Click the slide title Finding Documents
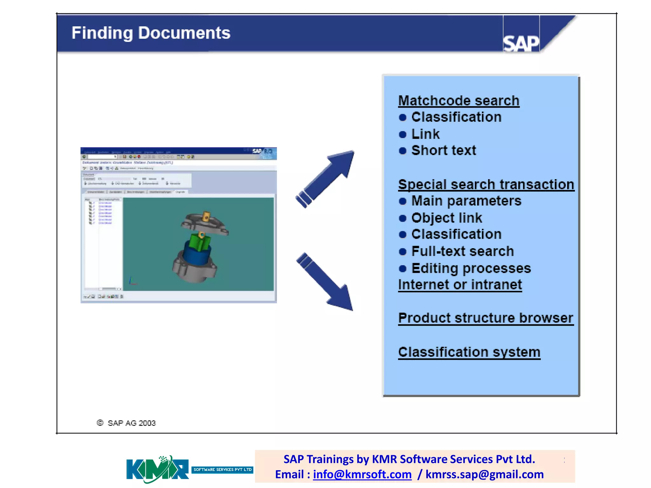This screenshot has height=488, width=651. coord(151,33)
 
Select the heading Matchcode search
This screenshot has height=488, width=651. coord(458,101)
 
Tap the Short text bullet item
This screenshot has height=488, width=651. coord(443,150)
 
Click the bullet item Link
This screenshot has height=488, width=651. coord(425,134)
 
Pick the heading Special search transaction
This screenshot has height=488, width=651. coord(486,184)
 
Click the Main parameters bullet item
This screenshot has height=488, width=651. coord(466,201)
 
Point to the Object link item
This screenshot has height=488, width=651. coord(446,218)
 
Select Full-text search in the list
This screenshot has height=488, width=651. coord(462,251)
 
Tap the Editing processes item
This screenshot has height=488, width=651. coord(471,268)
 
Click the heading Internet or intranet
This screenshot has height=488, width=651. coord(460,285)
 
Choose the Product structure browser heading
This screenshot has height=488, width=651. coord(485,318)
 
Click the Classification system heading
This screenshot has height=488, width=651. coord(469,352)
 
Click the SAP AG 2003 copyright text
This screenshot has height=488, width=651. coord(131,423)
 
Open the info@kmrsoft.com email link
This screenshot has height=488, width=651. coord(362,474)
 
